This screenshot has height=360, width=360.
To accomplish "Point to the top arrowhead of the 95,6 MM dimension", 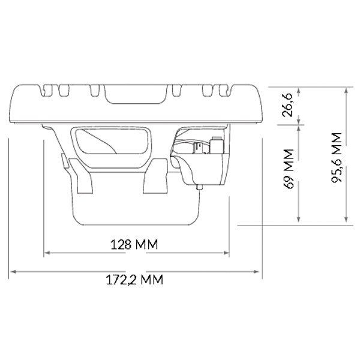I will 347,89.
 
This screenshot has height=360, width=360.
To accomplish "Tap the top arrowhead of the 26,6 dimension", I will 299,89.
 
